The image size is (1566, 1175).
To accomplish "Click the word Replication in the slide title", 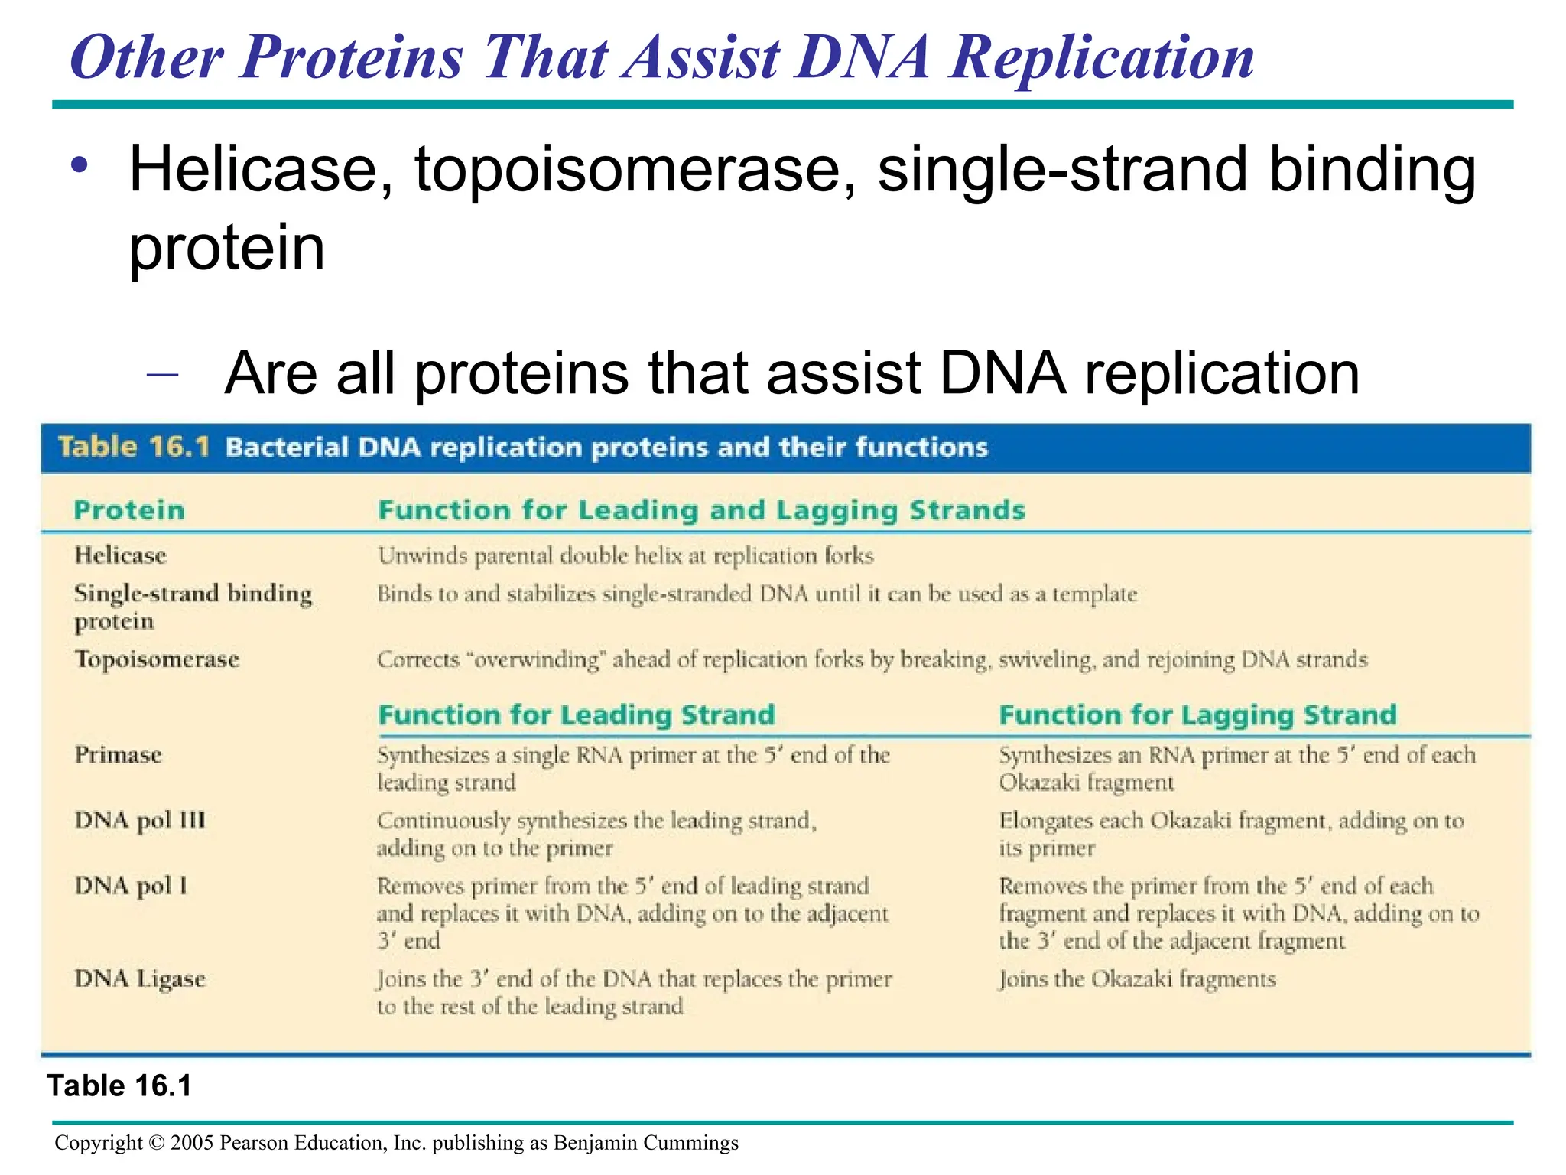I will point(1101,58).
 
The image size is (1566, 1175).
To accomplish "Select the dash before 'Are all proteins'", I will point(162,374).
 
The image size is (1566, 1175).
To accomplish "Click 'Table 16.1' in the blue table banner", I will point(134,447).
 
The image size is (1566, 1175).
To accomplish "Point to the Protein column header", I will point(129,510).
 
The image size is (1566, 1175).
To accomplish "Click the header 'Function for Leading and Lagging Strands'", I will point(701,510).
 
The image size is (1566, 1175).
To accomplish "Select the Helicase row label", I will point(120,555).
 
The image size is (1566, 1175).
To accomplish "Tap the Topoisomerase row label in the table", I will point(157,659).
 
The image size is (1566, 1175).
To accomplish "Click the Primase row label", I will point(118,755).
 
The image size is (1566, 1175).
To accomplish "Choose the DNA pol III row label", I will point(140,821).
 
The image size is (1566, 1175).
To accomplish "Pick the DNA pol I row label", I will point(131,886).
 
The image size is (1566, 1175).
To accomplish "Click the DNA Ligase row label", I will point(140,979).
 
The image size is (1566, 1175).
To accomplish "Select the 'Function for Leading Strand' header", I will point(577,715).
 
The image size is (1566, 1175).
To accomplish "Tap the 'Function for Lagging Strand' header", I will point(1197,715).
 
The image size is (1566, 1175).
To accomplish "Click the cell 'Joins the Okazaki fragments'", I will point(1137,979).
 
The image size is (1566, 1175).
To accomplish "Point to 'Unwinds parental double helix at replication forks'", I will point(625,556).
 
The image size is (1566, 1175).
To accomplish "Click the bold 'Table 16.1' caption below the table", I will point(119,1085).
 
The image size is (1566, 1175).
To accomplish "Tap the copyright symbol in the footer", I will point(157,1143).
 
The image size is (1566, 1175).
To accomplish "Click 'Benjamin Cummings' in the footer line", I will point(645,1143).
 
